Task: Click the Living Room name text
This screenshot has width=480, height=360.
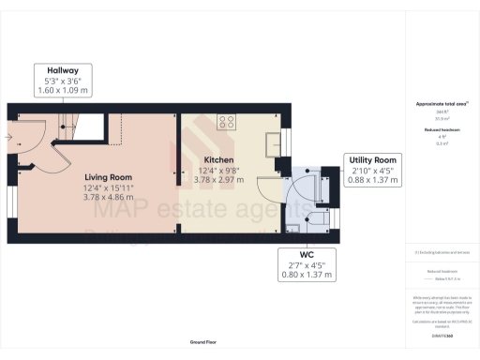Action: point(108,177)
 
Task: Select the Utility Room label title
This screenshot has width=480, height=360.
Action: point(372,160)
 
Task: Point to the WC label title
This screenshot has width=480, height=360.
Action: point(308,256)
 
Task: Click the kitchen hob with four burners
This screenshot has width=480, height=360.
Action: point(226,120)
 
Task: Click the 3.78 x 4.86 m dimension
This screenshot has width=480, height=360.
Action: point(108,197)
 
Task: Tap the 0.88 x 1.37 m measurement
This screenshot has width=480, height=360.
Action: point(372,181)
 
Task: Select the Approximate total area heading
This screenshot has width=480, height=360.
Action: point(442,103)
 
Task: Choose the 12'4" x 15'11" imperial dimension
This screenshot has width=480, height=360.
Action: point(108,187)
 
